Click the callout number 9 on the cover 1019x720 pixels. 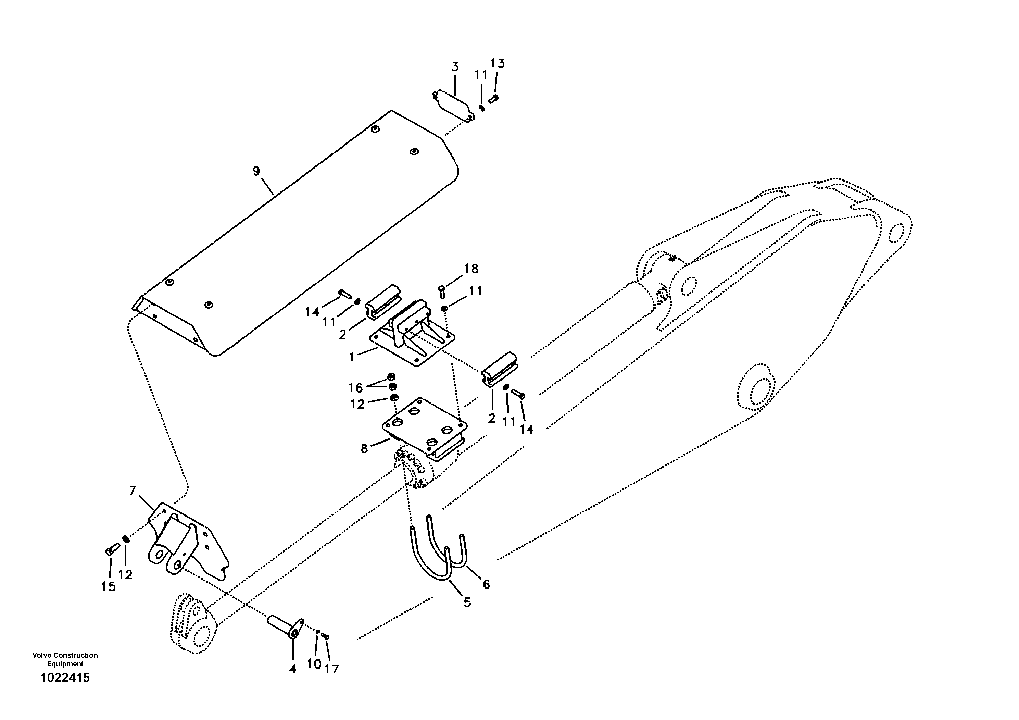(256, 171)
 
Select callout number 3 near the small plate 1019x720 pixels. (455, 67)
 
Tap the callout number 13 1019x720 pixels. (497, 63)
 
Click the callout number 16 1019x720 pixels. (355, 388)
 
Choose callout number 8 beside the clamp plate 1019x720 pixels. (364, 449)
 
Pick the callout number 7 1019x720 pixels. (132, 491)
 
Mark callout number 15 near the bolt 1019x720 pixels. (108, 586)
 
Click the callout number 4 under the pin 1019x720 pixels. (292, 669)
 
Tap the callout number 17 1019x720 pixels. (331, 669)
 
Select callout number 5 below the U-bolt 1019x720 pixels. (467, 603)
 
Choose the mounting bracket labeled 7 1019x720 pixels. (186, 542)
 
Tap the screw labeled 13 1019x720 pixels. (493, 99)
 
